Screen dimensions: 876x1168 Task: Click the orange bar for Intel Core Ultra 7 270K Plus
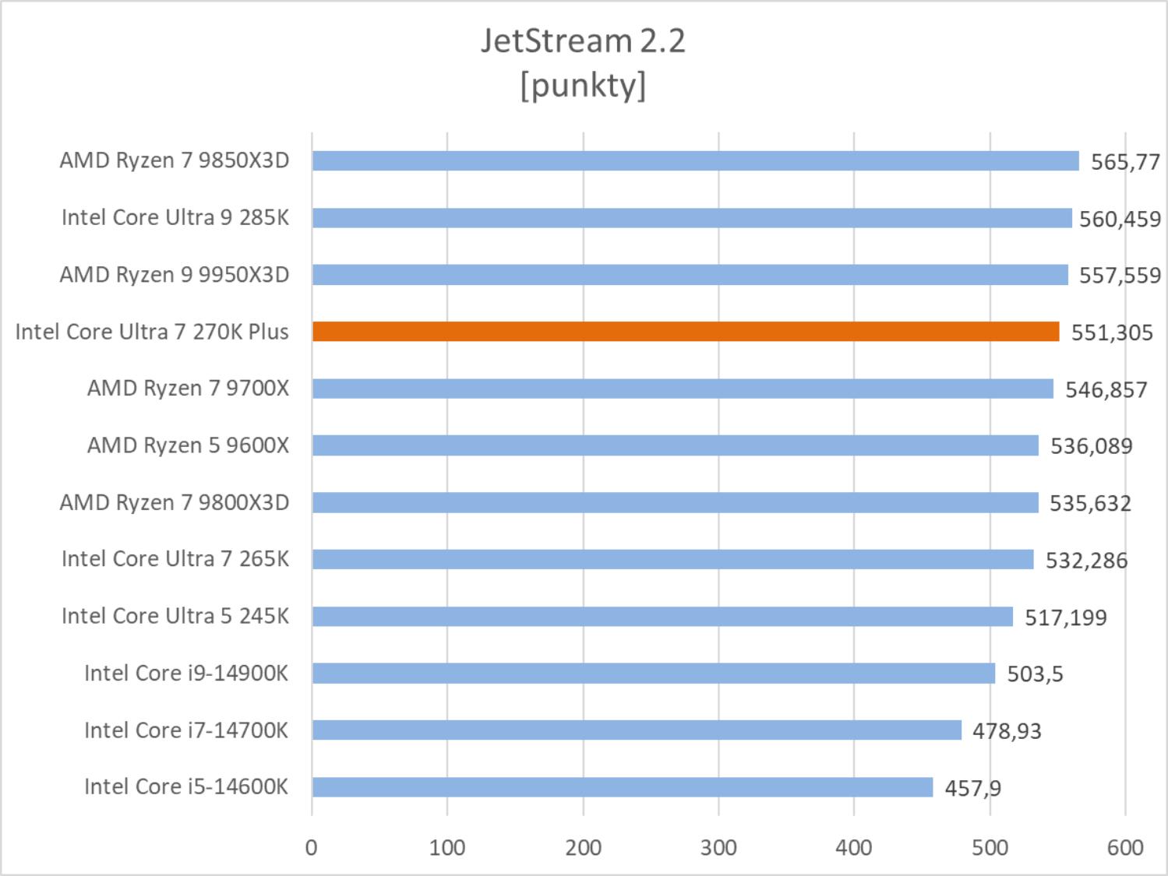[x=686, y=332]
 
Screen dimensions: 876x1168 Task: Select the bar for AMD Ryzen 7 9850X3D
[x=695, y=161]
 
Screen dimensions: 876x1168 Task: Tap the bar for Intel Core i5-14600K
[x=622, y=787]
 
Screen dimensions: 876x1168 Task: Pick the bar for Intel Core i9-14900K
[x=653, y=673]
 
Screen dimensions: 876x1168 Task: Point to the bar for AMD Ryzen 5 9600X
[x=675, y=445]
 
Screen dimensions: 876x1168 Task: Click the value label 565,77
[x=1125, y=162]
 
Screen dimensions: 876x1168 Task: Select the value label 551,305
[x=1111, y=332]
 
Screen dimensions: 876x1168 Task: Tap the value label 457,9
[x=972, y=788]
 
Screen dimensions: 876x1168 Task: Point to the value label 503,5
[x=1035, y=674]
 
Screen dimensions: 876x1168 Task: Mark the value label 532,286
[x=1086, y=560]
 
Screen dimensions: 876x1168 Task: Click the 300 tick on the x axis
[x=718, y=847]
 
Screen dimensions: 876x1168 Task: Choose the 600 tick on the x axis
[x=1125, y=847]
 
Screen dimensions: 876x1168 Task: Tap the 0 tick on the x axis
[x=312, y=847]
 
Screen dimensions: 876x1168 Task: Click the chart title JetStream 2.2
[x=583, y=40]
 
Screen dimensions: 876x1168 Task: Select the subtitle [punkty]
[x=583, y=84]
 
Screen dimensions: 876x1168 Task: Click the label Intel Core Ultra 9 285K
[x=175, y=217]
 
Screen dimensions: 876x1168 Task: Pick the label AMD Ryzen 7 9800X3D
[x=175, y=502]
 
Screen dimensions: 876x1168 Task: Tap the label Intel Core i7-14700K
[x=186, y=730]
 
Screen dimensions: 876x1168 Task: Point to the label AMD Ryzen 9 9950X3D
[x=175, y=275]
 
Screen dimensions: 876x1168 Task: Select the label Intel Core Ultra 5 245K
[x=175, y=616]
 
